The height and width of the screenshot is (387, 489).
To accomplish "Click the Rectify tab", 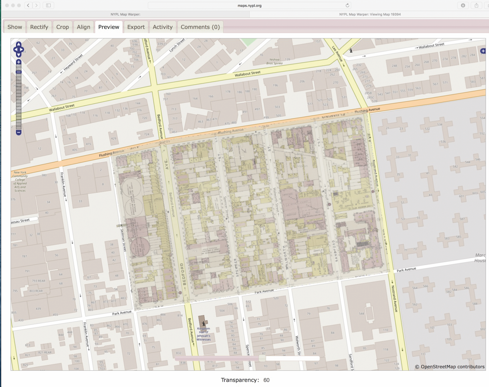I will [39, 27].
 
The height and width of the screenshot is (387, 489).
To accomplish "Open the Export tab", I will [136, 27].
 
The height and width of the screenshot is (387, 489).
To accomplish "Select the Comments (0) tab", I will [200, 27].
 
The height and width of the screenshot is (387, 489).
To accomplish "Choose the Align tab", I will [83, 27].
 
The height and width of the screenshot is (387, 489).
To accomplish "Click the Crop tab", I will [62, 27].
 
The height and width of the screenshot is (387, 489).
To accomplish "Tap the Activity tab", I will [162, 27].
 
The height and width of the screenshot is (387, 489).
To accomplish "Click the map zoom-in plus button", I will [19, 62].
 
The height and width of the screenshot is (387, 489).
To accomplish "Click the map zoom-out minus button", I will [19, 132].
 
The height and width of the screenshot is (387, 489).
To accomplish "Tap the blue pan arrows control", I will [19, 49].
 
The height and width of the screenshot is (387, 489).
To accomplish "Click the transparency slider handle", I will [262, 358].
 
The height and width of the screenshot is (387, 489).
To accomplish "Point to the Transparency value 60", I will [266, 380].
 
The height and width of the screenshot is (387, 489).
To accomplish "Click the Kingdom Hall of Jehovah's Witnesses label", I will [204, 334].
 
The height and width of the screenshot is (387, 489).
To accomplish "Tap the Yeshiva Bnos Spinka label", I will [274, 61].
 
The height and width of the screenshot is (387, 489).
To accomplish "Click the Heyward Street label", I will [73, 62].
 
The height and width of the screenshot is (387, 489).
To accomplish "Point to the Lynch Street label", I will [177, 45].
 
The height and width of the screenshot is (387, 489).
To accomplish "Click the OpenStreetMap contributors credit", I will [449, 367].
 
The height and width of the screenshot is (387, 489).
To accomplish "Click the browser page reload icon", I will [347, 5].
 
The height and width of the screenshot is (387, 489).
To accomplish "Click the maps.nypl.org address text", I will [249, 6].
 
